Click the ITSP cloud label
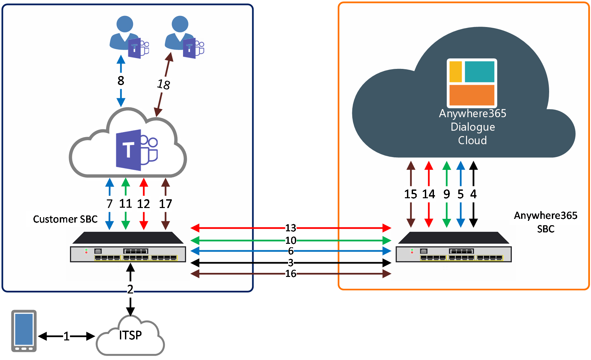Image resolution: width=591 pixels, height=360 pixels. pos(130,335)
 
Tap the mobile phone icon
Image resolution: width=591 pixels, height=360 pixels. pos(24,331)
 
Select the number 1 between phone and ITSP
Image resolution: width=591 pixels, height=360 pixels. pos(67,336)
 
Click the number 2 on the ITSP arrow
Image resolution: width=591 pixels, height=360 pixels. pos(130,289)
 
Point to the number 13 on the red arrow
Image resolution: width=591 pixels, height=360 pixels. pos(291,228)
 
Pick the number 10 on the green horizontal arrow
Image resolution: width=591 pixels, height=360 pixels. pos(291,240)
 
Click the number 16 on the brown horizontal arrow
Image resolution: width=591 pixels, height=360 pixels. pos(291,274)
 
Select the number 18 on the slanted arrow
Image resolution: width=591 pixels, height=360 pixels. pos(164,84)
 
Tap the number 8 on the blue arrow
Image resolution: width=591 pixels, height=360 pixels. pos(121,81)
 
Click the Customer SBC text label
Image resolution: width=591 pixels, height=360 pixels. pos(65,219)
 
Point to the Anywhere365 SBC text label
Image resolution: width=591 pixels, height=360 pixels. pos(546,222)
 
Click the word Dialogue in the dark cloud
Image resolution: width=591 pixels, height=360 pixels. pos(473,127)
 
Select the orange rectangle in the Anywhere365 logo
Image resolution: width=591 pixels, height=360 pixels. pos(472,95)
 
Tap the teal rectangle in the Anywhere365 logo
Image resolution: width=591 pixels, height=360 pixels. pos(480,72)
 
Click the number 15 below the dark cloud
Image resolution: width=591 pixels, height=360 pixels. pos(411,194)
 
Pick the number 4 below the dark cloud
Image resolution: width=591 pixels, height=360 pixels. pos(473,194)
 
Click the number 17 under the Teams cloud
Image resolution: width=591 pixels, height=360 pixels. pos(165,204)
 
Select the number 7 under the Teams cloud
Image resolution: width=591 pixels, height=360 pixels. pos(109,204)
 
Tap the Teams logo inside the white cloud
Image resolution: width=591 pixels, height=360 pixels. pos(137,150)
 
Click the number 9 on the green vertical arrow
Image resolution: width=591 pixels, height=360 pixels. pos(447,194)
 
